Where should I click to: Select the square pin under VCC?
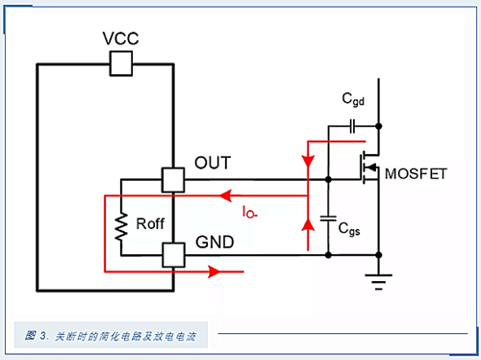click(121, 64)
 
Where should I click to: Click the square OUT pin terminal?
click(174, 180)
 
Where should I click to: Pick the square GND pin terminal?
click(174, 255)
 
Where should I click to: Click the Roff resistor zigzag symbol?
click(123, 227)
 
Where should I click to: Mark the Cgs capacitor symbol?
click(328, 216)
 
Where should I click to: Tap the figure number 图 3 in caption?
click(37, 336)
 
